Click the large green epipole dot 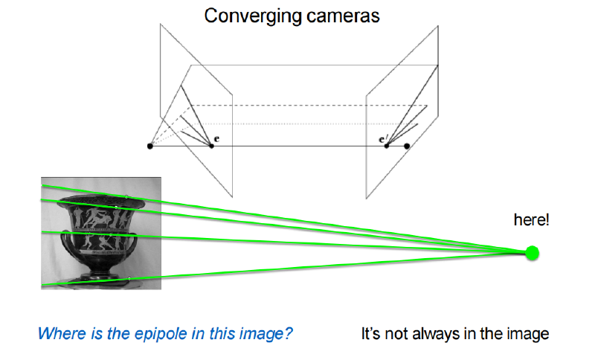(532, 253)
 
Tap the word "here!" (531, 220)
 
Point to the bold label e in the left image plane (216, 139)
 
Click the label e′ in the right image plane (383, 139)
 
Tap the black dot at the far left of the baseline (150, 146)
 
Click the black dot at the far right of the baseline (407, 146)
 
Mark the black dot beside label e (211, 146)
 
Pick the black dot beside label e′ (387, 146)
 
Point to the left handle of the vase (65, 242)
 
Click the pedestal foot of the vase (101, 278)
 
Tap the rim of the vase (101, 201)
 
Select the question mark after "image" (288, 334)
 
